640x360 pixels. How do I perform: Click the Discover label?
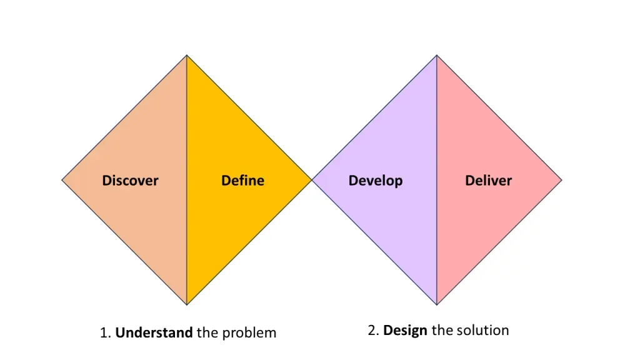click(130, 181)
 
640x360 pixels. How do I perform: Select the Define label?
click(242, 181)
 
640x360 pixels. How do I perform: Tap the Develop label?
click(375, 181)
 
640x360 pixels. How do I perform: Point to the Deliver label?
click(488, 181)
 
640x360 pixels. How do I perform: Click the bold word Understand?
click(154, 332)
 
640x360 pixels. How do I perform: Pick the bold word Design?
click(406, 330)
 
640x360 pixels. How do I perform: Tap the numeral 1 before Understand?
click(104, 332)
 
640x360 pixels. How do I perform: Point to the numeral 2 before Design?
click(371, 330)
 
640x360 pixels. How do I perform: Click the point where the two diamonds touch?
click(312, 180)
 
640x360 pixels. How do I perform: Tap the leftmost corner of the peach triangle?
click(62, 180)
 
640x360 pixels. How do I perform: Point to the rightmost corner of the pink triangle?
click(561, 180)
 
